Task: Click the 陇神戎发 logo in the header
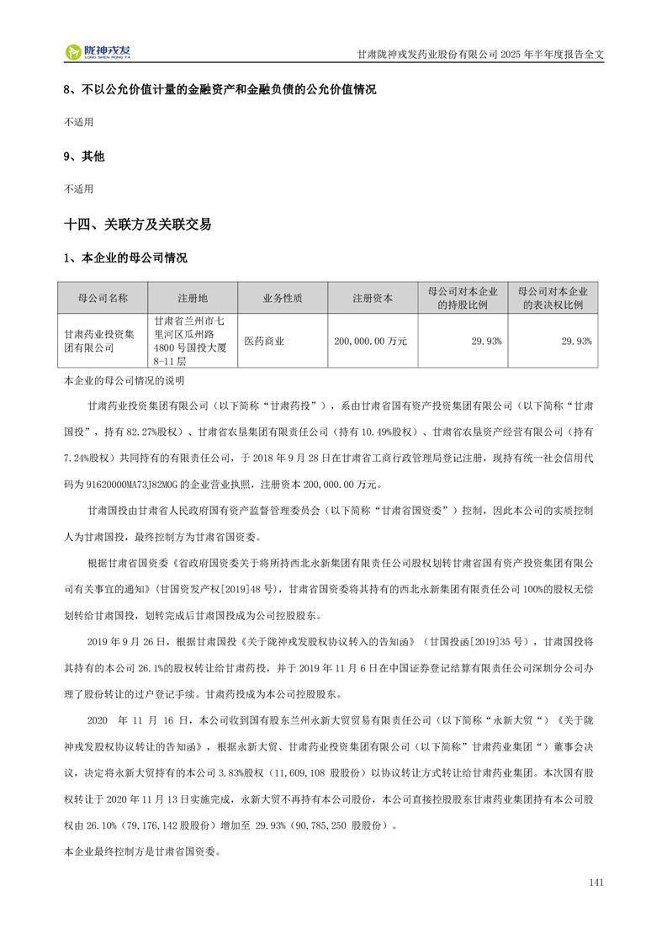tap(98, 52)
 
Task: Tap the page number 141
tap(596, 883)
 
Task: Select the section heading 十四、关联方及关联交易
tap(138, 225)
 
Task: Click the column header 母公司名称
tap(103, 299)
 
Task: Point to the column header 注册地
tap(193, 299)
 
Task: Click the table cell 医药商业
tap(264, 341)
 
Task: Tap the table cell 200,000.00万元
tap(371, 341)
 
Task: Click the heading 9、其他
tap(85, 156)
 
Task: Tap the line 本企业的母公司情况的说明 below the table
tap(118, 381)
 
